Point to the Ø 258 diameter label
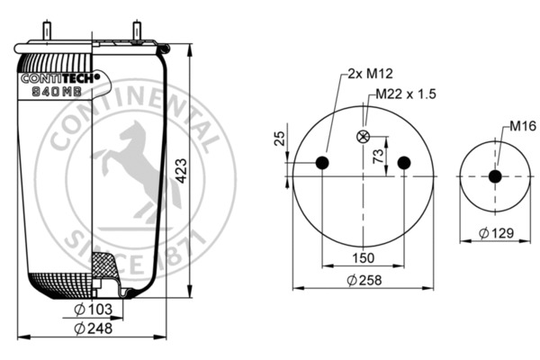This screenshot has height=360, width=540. (364, 280)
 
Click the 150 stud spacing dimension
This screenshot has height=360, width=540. (364, 259)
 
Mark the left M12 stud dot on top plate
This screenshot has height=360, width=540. (322, 162)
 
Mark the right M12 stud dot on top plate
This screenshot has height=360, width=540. (404, 162)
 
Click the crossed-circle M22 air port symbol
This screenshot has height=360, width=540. (364, 137)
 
